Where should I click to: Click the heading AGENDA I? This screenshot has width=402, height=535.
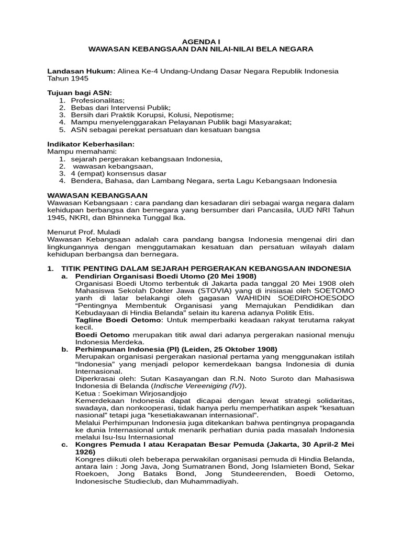click(200, 41)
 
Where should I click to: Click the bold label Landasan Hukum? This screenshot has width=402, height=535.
click(81, 71)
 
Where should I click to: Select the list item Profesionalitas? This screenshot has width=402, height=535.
click(98, 100)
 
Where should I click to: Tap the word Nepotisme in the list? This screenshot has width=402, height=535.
click(211, 114)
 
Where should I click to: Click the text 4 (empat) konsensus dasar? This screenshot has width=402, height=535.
click(119, 173)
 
